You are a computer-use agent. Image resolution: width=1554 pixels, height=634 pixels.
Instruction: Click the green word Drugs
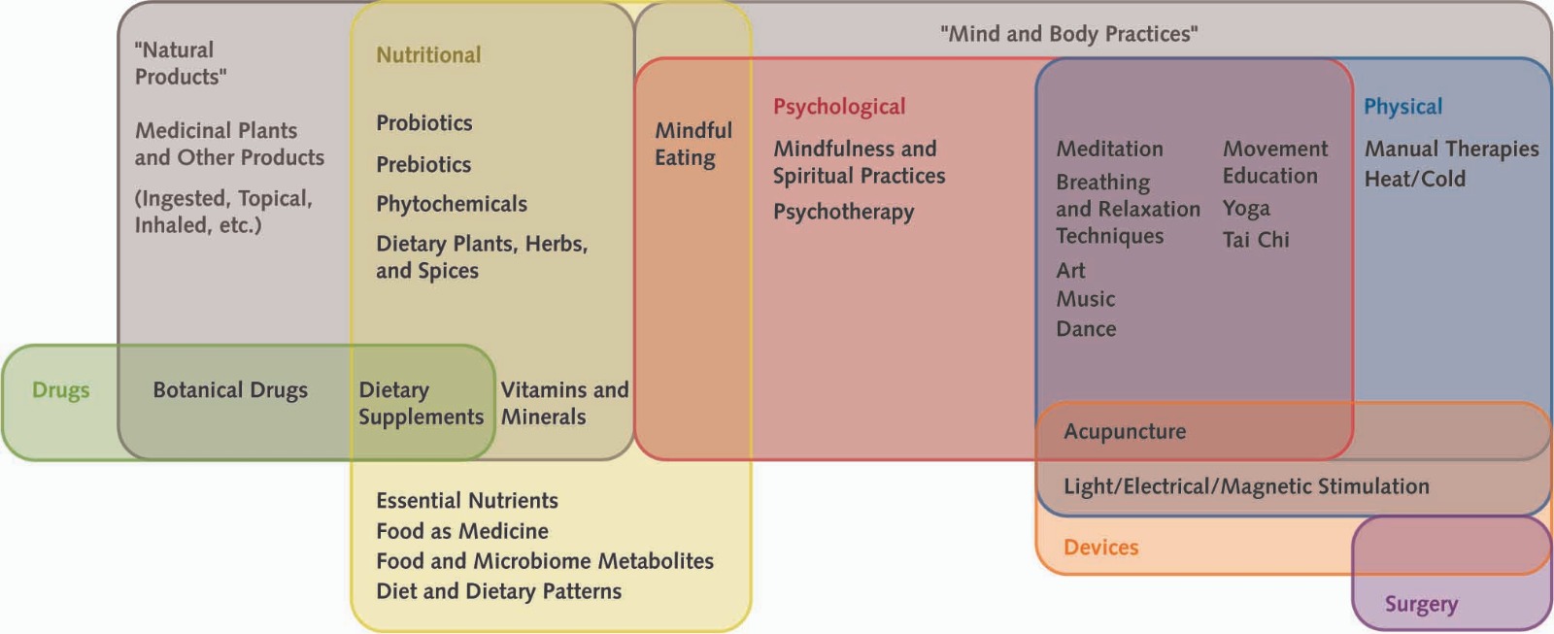(60, 390)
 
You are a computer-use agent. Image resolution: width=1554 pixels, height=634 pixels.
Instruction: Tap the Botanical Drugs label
(230, 390)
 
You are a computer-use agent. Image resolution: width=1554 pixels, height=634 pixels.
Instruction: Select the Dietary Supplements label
(421, 403)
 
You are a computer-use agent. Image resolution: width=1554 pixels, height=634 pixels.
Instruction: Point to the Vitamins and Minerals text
(564, 403)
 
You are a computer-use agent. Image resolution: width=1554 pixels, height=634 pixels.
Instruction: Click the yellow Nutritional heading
(428, 55)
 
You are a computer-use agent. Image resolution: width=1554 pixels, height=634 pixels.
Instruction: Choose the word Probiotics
(424, 123)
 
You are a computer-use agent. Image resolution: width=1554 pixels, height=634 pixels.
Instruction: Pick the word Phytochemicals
(452, 204)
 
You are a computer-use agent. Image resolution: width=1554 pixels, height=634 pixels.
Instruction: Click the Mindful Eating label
(693, 144)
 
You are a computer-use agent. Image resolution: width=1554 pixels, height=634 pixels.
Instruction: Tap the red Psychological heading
(839, 107)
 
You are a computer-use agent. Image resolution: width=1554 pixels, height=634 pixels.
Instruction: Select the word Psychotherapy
(843, 212)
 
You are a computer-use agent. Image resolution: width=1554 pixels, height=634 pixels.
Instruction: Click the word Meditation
(1109, 149)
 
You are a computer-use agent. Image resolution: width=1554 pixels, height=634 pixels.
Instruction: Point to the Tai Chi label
(1256, 240)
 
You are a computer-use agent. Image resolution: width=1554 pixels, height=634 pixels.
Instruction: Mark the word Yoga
(1246, 209)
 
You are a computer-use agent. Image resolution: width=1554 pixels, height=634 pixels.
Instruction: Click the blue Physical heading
(1402, 107)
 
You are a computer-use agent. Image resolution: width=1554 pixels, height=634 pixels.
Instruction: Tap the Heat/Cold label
(1414, 179)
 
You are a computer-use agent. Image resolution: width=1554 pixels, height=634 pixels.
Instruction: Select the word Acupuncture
(1125, 431)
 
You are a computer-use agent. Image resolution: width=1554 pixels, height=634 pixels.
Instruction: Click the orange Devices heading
(1100, 548)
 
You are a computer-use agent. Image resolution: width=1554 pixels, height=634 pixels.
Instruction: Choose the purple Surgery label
(1421, 604)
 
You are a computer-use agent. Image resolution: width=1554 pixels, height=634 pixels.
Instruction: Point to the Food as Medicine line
(462, 531)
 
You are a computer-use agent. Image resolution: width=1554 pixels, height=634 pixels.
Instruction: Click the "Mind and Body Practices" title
(1068, 34)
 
